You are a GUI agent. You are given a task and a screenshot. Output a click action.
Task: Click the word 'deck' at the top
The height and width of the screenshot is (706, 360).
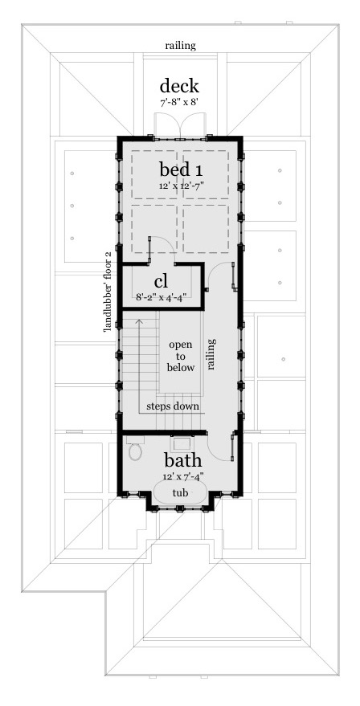178,86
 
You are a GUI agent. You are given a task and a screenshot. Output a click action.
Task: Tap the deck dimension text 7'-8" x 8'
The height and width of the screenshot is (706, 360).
178,103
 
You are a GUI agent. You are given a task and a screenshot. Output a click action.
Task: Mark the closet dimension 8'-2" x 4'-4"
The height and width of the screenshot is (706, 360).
161,296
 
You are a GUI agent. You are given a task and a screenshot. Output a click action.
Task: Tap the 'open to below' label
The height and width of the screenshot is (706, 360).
181,355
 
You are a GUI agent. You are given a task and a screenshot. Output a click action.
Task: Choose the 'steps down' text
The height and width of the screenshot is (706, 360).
172,406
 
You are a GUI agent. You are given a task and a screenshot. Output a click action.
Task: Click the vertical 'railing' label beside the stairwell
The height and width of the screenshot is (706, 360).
212,353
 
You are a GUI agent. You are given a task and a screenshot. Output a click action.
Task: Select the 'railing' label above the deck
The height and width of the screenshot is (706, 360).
179,46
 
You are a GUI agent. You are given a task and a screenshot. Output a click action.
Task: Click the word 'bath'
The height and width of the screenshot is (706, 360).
182,461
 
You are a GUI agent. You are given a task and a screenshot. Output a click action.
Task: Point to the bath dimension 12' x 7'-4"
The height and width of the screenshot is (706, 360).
182,476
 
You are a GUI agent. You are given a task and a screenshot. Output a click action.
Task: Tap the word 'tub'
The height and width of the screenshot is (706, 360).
181,493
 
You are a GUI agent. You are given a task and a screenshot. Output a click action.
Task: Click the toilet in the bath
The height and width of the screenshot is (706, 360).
134,451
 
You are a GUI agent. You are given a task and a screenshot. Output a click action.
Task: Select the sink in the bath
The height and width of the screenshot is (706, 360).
181,442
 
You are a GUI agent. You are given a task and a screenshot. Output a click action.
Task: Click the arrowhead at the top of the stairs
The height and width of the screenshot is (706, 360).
139,320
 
